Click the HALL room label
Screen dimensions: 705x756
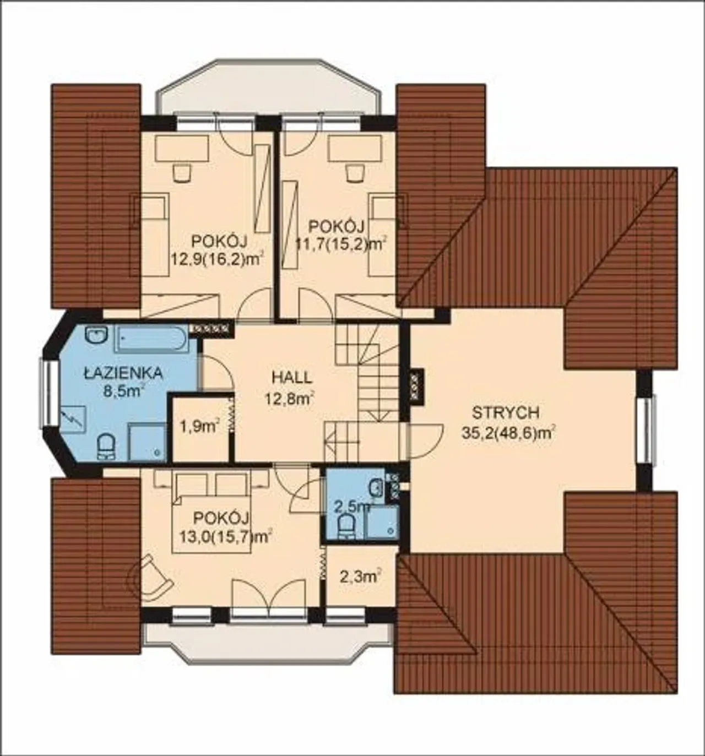point(292,378)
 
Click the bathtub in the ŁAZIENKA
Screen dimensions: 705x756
point(151,339)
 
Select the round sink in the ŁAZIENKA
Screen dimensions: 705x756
point(97,335)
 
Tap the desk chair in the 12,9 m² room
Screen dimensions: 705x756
point(181,172)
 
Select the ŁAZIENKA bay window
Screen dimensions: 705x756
point(48,391)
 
